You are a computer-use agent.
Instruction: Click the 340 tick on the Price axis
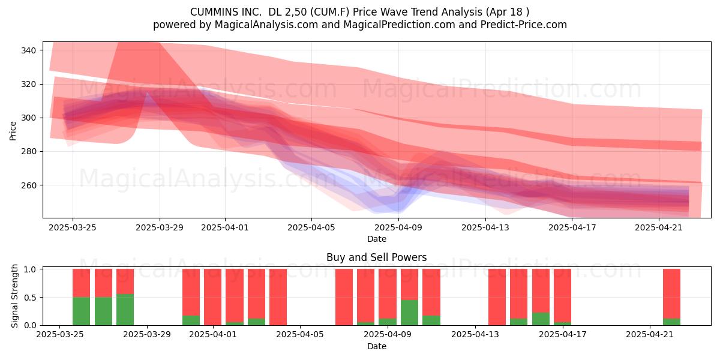pos(28,50)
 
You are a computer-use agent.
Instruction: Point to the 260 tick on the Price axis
pos(28,185)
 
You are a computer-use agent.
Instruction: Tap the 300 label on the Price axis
pos(28,118)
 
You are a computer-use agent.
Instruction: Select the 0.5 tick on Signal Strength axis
pos(30,298)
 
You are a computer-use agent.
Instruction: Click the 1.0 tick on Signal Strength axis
pos(30,269)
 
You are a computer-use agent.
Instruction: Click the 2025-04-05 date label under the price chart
pos(311,227)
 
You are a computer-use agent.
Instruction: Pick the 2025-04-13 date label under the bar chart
pos(475,335)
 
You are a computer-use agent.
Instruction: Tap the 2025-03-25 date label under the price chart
pos(73,227)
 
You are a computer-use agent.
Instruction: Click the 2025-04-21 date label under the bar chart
pos(650,335)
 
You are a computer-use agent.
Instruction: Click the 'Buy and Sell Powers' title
pos(377,257)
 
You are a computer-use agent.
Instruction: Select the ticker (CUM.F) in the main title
pos(331,12)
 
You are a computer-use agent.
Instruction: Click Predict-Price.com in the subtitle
pos(524,25)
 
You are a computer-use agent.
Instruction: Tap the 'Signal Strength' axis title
pos(14,296)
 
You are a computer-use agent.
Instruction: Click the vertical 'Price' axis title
pos(13,131)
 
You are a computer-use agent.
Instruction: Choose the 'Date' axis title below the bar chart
pos(377,346)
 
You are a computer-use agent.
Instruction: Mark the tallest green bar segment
pos(125,310)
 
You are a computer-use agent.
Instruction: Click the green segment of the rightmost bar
pos(671,322)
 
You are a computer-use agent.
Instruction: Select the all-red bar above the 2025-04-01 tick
pos(213,297)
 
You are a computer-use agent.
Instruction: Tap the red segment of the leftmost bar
pos(82,283)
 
